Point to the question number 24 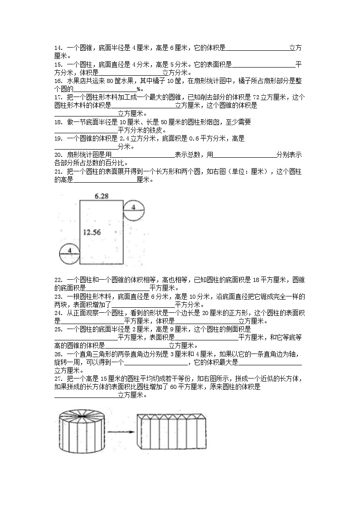coord(58,313)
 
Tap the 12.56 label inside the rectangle coord(92,232)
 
